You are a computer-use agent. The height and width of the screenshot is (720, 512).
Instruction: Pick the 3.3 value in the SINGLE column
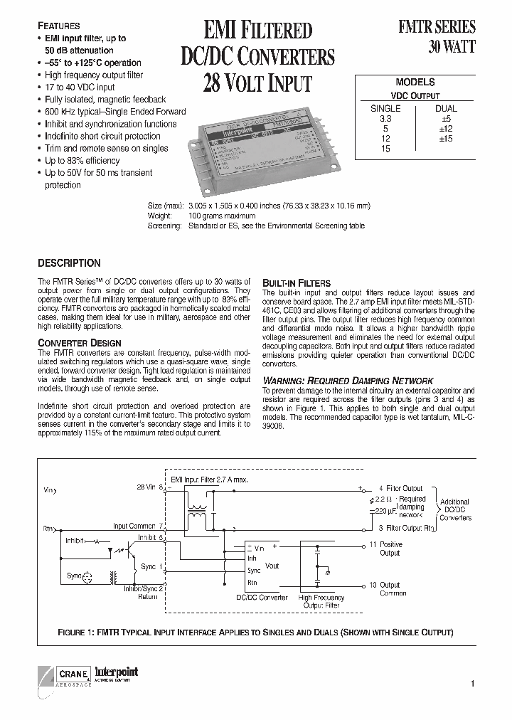pyautogui.click(x=385, y=120)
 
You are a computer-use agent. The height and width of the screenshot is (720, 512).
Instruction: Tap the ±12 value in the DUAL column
pyautogui.click(x=446, y=129)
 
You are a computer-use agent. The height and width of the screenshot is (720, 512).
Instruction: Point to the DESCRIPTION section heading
pyautogui.click(x=69, y=263)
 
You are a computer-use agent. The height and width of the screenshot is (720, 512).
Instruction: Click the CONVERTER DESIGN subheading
pyautogui.click(x=79, y=343)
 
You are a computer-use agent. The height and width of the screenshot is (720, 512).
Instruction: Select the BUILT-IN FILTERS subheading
pyautogui.click(x=297, y=282)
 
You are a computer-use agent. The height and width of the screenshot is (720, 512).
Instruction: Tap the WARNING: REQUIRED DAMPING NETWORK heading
pyautogui.click(x=348, y=381)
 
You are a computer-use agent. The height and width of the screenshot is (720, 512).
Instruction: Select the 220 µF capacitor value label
pyautogui.click(x=386, y=512)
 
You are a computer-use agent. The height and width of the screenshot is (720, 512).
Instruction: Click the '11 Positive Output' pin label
pyautogui.click(x=389, y=549)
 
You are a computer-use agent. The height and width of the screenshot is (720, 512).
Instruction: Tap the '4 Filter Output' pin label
pyautogui.click(x=400, y=488)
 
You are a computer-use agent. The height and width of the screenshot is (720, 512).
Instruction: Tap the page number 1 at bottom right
pyautogui.click(x=471, y=684)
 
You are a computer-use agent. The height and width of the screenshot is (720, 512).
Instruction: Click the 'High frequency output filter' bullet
pyautogui.click(x=94, y=75)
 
